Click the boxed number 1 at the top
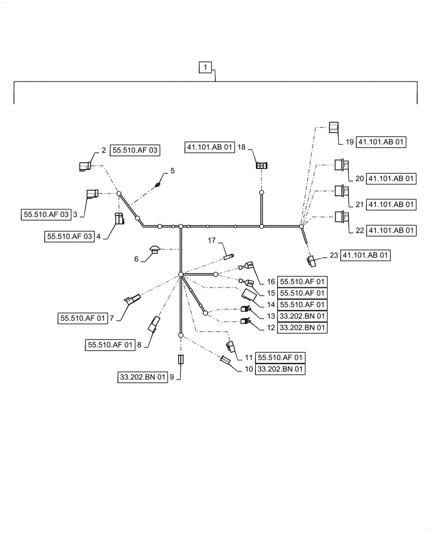[x=206, y=68]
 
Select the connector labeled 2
[x=85, y=166]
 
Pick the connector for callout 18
[x=261, y=166]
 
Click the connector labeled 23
[x=312, y=260]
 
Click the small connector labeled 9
[x=180, y=359]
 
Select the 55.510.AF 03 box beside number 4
[x=69, y=237]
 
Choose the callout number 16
[x=270, y=281]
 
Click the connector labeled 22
[x=339, y=217]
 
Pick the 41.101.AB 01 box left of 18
[x=210, y=147]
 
